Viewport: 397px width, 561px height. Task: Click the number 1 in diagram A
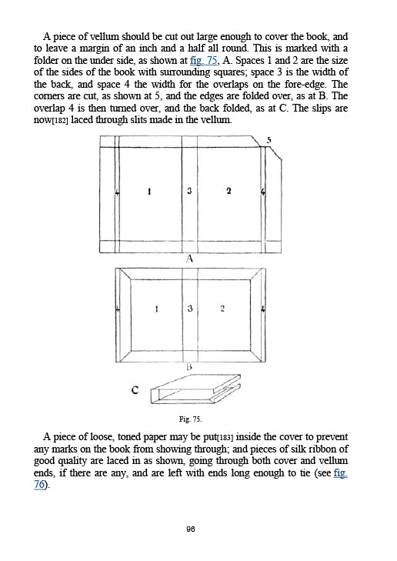click(x=148, y=191)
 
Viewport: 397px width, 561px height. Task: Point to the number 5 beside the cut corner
click(x=269, y=139)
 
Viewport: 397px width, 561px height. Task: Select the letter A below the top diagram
click(x=189, y=259)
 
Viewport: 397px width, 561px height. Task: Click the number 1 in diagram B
click(x=157, y=309)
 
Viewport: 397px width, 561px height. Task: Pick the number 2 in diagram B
click(x=222, y=309)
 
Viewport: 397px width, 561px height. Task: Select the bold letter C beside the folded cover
click(x=134, y=391)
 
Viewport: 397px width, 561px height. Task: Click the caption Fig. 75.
click(x=189, y=419)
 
